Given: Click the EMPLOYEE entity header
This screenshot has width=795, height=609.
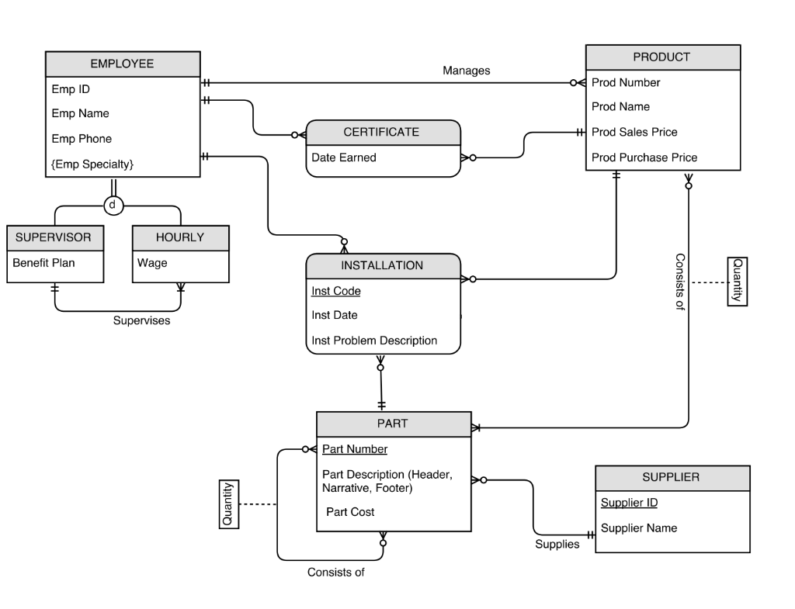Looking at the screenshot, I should [x=123, y=64].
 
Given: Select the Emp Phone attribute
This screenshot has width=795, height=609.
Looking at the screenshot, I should [x=82, y=139].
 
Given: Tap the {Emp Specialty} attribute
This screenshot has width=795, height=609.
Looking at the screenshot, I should [x=92, y=164].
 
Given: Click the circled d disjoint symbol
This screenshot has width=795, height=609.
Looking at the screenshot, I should [x=113, y=205].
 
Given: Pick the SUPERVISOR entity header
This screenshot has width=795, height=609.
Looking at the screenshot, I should [x=54, y=237].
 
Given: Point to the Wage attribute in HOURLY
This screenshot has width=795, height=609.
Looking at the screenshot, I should [x=152, y=263].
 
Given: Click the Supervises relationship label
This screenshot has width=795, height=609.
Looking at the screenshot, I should [x=141, y=320].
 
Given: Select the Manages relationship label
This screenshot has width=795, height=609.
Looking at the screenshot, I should [x=467, y=71].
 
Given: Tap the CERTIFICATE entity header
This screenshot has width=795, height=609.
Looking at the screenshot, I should [x=381, y=132].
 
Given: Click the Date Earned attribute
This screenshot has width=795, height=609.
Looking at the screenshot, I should [x=343, y=157].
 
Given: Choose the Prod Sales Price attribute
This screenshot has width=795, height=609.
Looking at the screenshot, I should [x=634, y=132].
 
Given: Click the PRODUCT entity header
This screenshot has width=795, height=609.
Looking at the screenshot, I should [x=661, y=57].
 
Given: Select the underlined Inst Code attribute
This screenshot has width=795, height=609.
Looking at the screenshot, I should [x=335, y=291].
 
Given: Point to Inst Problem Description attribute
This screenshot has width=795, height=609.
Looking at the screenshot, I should [x=374, y=341].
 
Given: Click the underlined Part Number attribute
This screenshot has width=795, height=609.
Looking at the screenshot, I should [x=355, y=449].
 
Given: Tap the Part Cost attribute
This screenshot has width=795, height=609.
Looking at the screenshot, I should [x=350, y=512].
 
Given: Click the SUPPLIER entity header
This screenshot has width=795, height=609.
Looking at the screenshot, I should [x=671, y=478].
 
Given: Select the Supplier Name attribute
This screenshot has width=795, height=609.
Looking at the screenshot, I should [x=639, y=528].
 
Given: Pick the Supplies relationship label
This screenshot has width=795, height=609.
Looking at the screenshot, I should [x=557, y=545].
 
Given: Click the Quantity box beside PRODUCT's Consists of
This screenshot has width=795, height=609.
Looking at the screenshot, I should [x=737, y=282].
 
